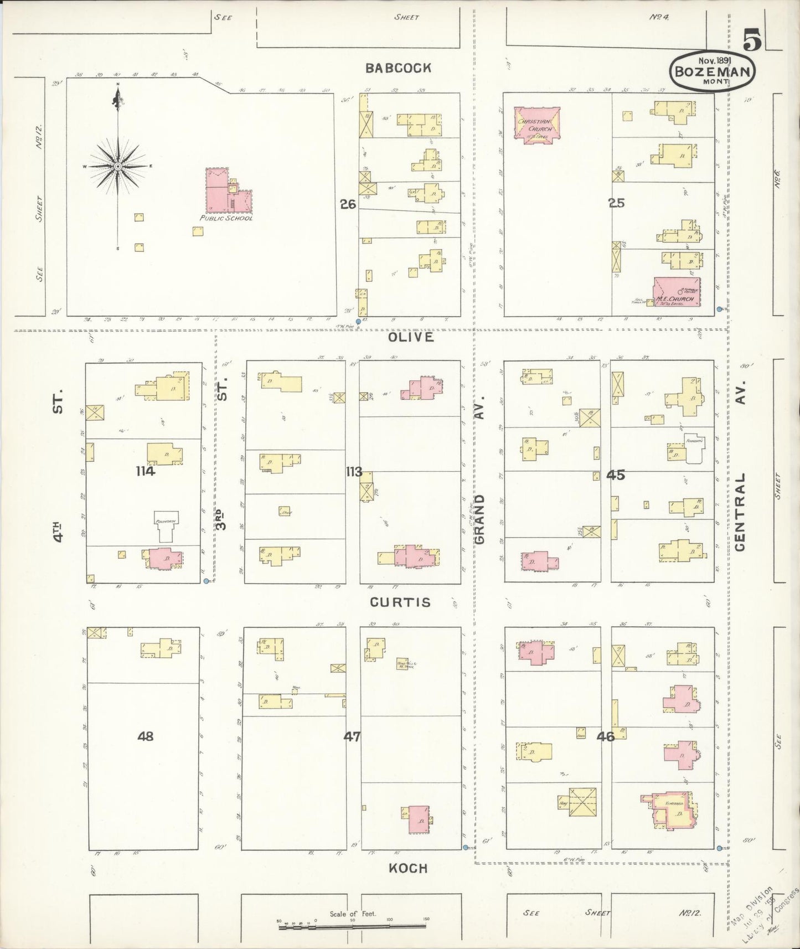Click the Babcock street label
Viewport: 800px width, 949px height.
[398, 68]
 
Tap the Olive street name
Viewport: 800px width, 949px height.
[411, 337]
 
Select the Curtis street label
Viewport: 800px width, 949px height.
[400, 602]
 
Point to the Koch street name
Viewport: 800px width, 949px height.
[408, 868]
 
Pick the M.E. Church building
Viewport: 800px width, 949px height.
[677, 292]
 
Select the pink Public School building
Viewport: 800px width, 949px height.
[228, 191]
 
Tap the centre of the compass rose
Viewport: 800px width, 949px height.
[118, 166]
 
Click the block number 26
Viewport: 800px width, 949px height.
[348, 204]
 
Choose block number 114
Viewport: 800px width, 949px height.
[146, 472]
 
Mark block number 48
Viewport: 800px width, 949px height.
[146, 736]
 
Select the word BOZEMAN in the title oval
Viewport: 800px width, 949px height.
[711, 71]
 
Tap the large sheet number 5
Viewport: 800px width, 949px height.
[752, 40]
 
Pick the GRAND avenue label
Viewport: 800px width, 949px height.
[479, 519]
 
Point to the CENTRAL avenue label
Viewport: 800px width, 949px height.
[741, 512]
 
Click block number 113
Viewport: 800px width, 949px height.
[354, 472]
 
